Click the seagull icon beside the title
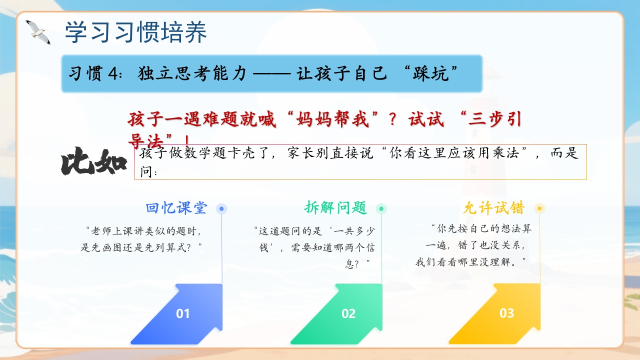(38, 32)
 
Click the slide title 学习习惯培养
(136, 32)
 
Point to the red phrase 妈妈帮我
(332, 119)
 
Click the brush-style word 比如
(93, 161)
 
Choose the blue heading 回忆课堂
(176, 207)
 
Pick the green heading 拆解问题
(335, 207)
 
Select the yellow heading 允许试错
(494, 207)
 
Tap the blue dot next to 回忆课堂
(221, 209)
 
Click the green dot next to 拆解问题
(381, 209)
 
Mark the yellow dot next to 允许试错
(539, 208)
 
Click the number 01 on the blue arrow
(182, 313)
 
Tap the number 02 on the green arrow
(348, 313)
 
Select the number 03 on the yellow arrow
(506, 313)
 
